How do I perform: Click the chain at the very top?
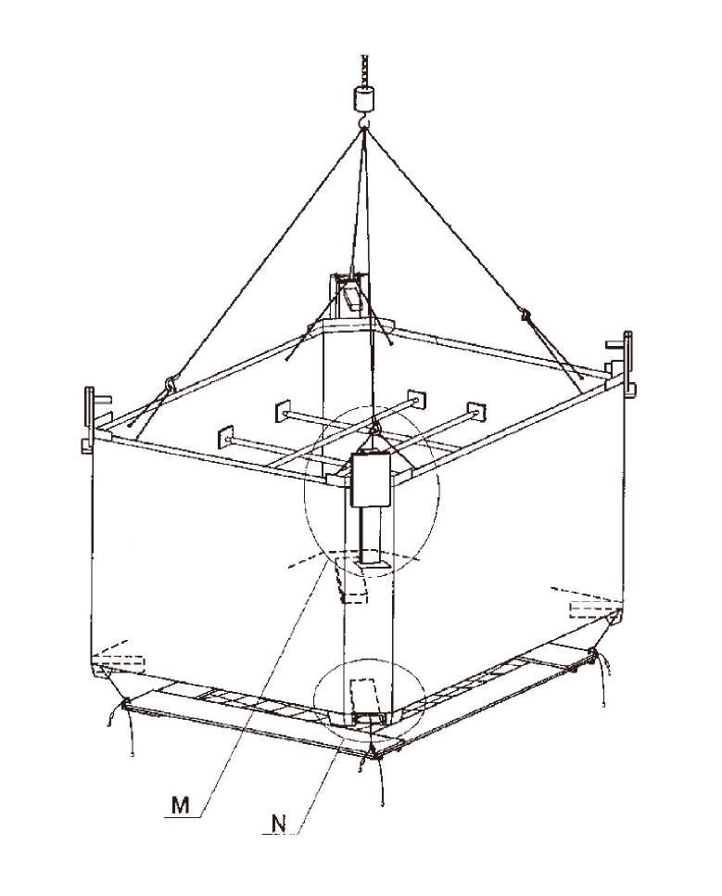point(362,69)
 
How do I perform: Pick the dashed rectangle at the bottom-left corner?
point(123,661)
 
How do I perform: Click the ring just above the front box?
point(375,428)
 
